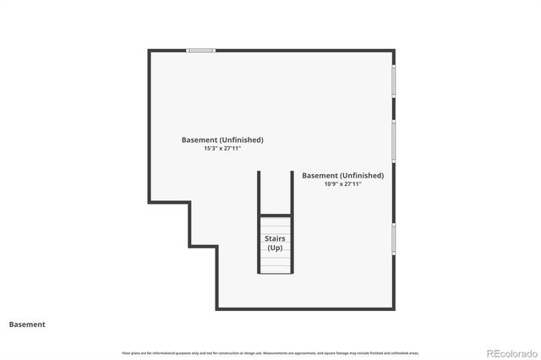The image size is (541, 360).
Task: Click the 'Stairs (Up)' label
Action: tap(276, 243)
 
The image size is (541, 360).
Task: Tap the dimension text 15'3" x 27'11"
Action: tap(222, 148)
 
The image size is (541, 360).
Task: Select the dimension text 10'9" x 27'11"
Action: tap(342, 183)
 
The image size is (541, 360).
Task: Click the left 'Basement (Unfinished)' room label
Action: tap(222, 139)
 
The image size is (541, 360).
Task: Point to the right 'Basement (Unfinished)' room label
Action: tap(342, 175)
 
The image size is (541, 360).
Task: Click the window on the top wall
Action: tap(200, 50)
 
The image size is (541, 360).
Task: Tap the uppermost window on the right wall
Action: tap(394, 82)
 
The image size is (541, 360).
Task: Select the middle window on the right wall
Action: tap(394, 141)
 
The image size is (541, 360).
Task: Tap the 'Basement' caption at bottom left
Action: tap(27, 324)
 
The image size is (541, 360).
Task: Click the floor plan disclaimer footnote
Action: tap(270, 352)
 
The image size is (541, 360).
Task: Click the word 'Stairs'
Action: tap(276, 238)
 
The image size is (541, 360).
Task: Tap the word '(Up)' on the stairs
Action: tap(276, 248)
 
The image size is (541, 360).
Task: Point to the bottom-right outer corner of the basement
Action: tap(394, 308)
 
